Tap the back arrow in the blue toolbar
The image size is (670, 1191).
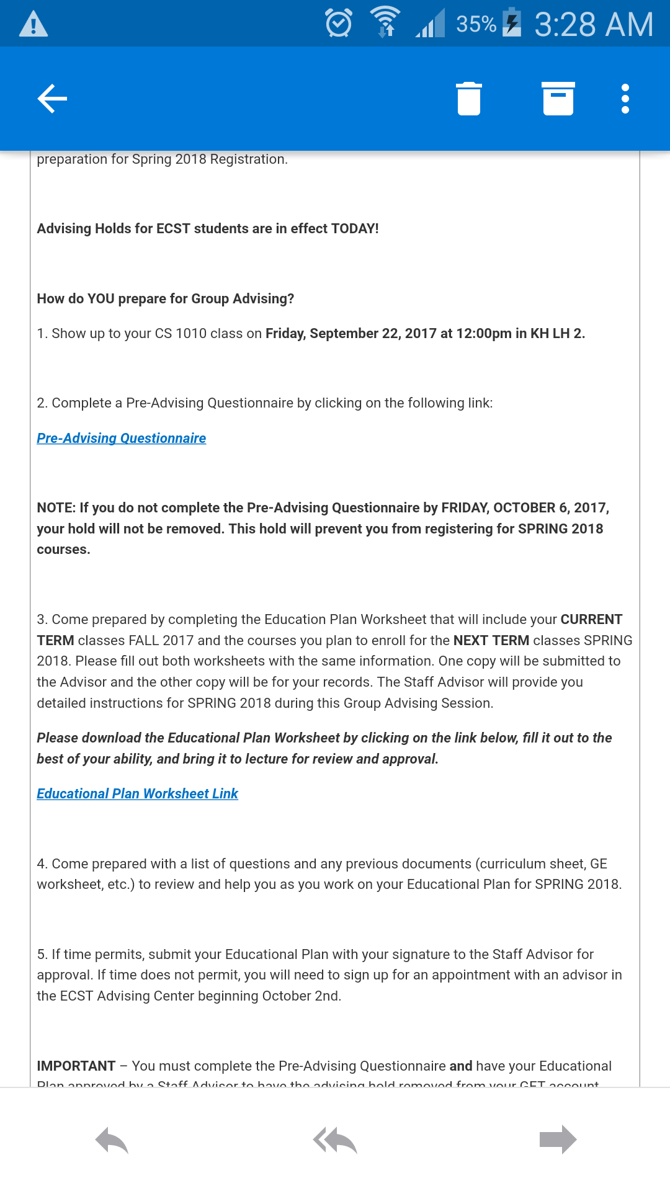pyautogui.click(x=52, y=99)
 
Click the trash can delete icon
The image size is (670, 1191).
pyautogui.click(x=469, y=99)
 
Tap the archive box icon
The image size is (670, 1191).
pyautogui.click(x=558, y=99)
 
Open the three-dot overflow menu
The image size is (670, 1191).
pyautogui.click(x=625, y=99)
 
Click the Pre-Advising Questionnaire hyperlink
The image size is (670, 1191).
pyautogui.click(x=122, y=438)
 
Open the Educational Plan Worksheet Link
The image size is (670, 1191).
pyautogui.click(x=138, y=793)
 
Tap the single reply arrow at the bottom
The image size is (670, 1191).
pyautogui.click(x=112, y=1140)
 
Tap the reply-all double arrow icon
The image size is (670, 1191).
pyautogui.click(x=335, y=1140)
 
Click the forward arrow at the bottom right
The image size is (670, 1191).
pyautogui.click(x=558, y=1140)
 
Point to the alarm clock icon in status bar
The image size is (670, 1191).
pyautogui.click(x=339, y=24)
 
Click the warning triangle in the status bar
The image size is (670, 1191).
pyautogui.click(x=33, y=24)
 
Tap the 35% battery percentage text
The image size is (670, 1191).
pyautogui.click(x=476, y=24)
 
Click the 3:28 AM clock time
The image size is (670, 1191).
pyautogui.click(x=594, y=24)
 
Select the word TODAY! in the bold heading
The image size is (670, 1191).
pyautogui.click(x=355, y=228)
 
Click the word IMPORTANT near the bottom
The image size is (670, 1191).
pyautogui.click(x=76, y=1066)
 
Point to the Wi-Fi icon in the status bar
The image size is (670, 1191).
pyautogui.click(x=385, y=22)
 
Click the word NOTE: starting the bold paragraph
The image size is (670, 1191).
pyautogui.click(x=56, y=507)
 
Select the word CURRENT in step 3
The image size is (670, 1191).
pyautogui.click(x=591, y=619)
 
